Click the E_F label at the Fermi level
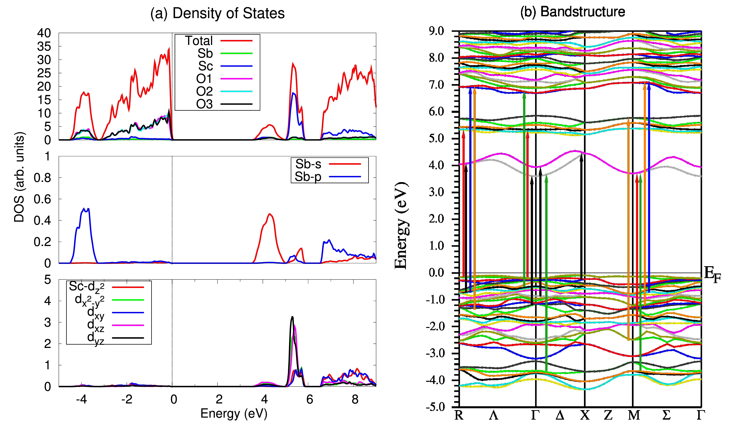(x=712, y=275)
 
